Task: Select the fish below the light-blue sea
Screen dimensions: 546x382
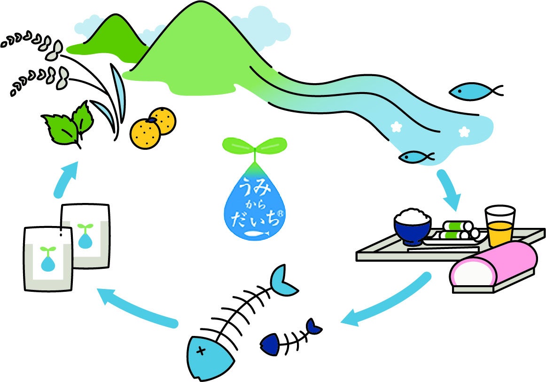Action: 416,156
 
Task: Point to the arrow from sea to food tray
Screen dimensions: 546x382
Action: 449,190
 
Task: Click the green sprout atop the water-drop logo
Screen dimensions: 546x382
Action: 254,145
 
